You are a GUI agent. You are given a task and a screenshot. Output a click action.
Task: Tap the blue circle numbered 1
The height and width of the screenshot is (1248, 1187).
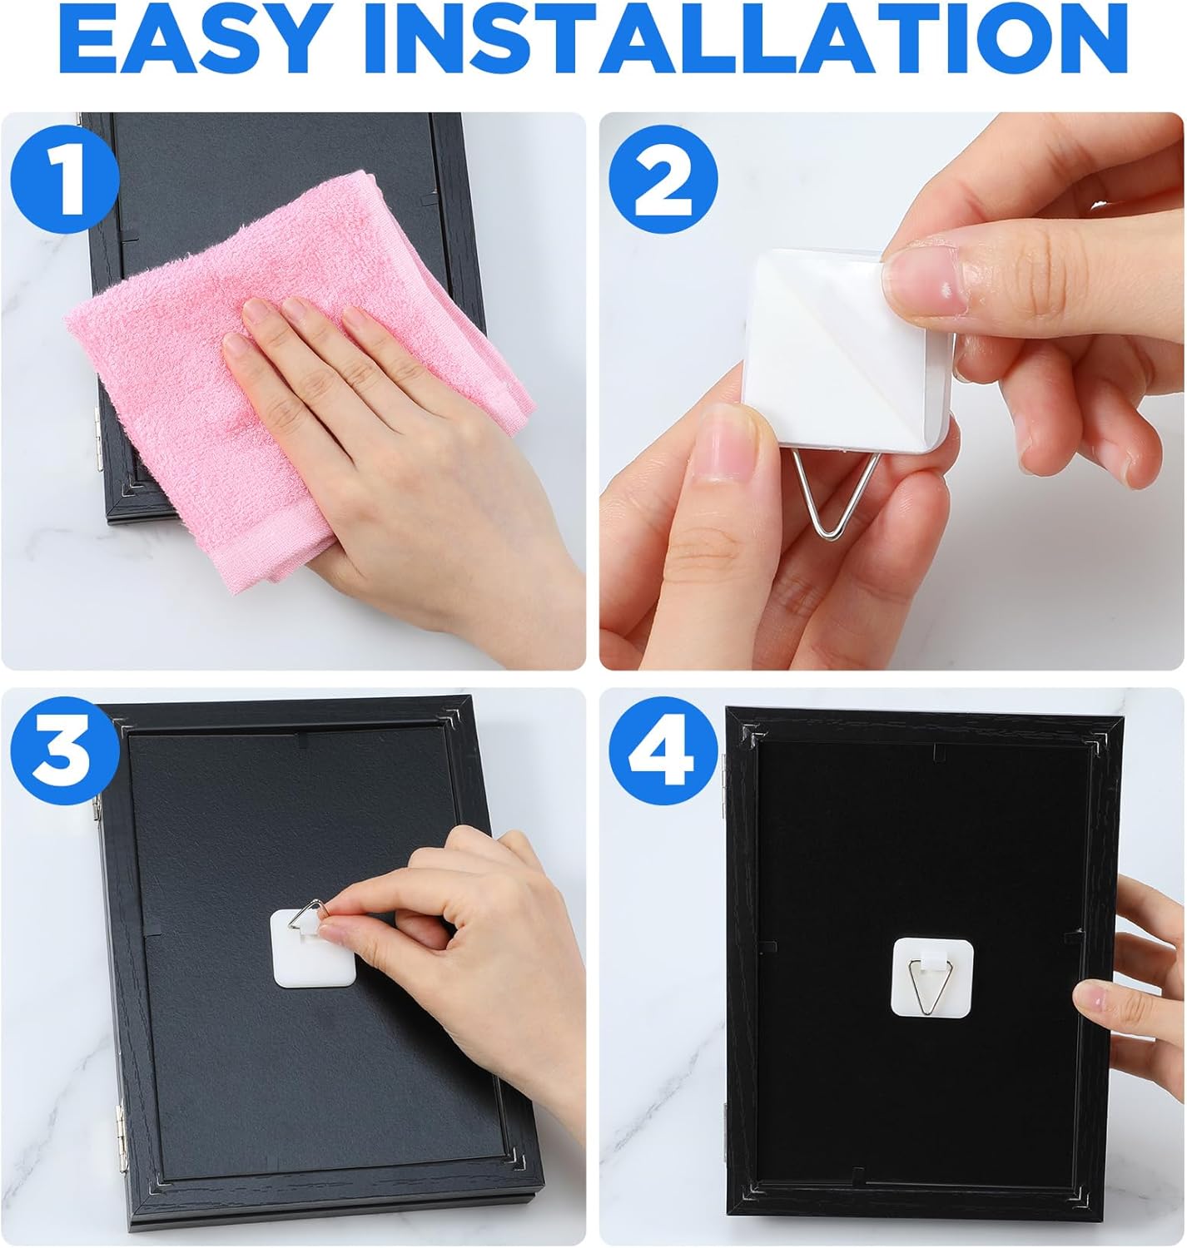[x=64, y=179]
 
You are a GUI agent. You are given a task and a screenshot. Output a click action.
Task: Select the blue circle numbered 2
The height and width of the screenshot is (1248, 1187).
[x=663, y=179]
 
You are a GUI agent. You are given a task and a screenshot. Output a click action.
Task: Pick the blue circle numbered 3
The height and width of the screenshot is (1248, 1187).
[x=65, y=750]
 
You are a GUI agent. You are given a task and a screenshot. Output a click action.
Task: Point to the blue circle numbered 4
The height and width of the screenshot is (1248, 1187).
[x=663, y=750]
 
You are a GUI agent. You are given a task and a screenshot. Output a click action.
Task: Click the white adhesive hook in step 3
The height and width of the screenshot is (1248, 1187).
[x=312, y=947]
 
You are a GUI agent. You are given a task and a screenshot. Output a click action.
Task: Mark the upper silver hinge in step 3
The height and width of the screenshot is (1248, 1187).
[x=96, y=807]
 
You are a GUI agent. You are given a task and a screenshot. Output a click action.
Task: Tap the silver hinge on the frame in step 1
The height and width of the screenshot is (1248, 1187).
[x=97, y=438]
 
